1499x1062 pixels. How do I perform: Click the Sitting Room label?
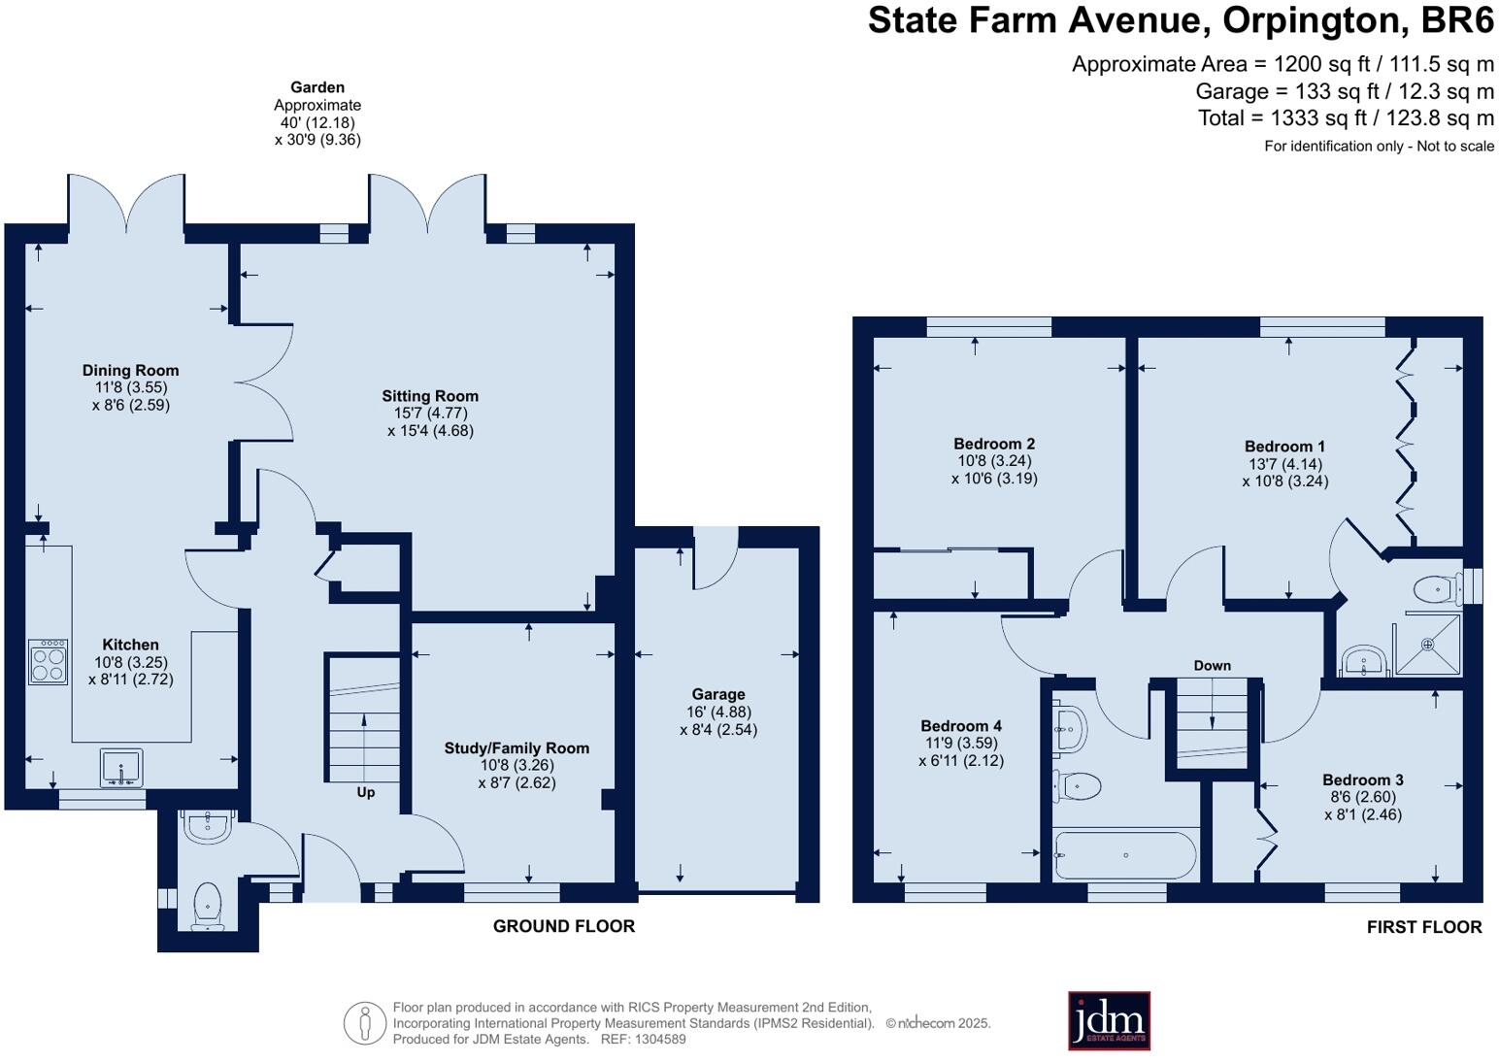[x=430, y=396]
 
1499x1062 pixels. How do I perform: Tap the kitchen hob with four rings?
[x=49, y=662]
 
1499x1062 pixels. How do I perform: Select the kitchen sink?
[x=121, y=768]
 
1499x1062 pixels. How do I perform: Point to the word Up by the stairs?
[x=365, y=792]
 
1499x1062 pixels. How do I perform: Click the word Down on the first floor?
[x=1212, y=665]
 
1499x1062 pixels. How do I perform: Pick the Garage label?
[x=718, y=695]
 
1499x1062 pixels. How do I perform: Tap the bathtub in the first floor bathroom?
[x=1125, y=855]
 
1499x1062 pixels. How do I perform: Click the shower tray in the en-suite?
[x=1427, y=645]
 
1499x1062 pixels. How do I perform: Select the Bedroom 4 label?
[x=961, y=726]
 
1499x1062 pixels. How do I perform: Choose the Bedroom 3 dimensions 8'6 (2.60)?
[x=1362, y=797]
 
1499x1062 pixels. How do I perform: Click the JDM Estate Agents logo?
[x=1109, y=1020]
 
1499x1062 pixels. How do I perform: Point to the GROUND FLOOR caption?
[x=563, y=926]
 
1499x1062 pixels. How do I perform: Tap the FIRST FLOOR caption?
[x=1424, y=927]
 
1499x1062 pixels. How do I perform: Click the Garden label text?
[x=317, y=87]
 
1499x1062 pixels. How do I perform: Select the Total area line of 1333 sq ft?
[x=1346, y=118]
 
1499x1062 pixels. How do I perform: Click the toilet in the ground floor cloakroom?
[x=208, y=907]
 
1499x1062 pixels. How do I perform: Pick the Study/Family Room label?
[x=516, y=748]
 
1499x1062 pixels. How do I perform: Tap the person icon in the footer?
[x=365, y=1023]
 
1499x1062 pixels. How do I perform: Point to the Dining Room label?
[x=130, y=370]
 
